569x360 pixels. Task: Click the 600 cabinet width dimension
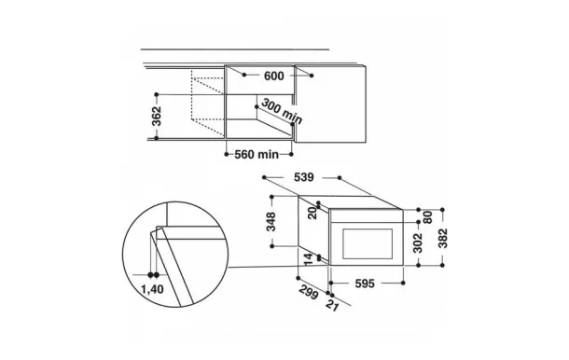pyautogui.click(x=274, y=76)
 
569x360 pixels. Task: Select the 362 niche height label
pyautogui.click(x=157, y=117)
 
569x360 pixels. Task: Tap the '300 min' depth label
pyautogui.click(x=282, y=111)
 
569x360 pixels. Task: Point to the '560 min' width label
pyautogui.click(x=257, y=155)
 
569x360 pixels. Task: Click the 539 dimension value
pyautogui.click(x=304, y=177)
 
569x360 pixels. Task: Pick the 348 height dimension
pyautogui.click(x=271, y=221)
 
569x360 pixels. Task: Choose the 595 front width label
pyautogui.click(x=365, y=284)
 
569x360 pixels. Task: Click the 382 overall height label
pyautogui.click(x=443, y=238)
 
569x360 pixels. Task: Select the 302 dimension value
pyautogui.click(x=418, y=242)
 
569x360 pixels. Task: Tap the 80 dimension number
pyautogui.click(x=428, y=217)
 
